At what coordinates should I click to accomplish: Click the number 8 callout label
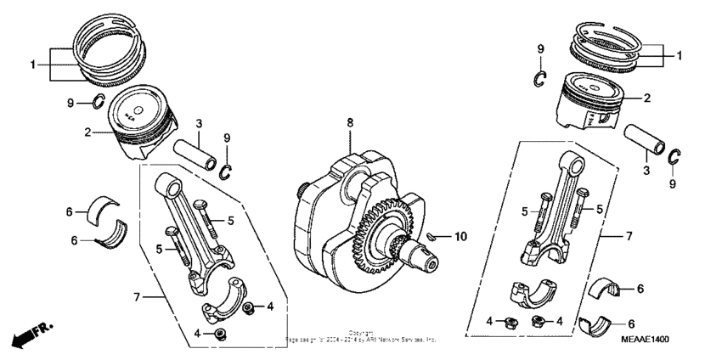coord(349,124)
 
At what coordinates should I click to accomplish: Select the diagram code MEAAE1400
coord(644,339)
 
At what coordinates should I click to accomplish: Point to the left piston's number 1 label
coord(33,64)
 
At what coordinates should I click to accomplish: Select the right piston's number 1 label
coord(680,55)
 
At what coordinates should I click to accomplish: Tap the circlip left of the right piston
coord(539,79)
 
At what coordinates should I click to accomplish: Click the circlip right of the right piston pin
coord(674,157)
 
